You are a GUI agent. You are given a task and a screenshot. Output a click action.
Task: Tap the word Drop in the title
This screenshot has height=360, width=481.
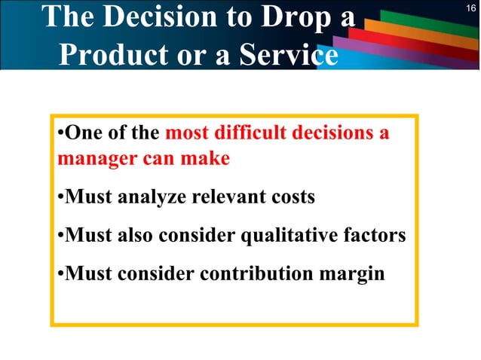coord(290,17)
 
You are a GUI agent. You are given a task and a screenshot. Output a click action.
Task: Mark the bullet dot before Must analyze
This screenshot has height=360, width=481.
coord(60,199)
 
